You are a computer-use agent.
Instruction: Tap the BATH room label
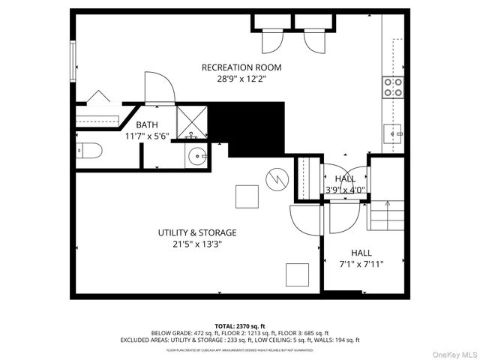click(x=146, y=124)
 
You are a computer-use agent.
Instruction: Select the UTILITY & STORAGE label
click(x=197, y=232)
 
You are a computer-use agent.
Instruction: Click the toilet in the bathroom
click(x=88, y=151)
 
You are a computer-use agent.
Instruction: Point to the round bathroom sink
click(x=197, y=156)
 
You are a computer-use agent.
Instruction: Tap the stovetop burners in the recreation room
click(x=393, y=87)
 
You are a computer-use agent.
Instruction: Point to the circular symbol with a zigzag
click(x=274, y=179)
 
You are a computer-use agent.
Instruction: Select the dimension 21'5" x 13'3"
click(x=197, y=244)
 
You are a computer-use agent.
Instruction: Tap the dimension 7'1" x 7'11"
click(x=362, y=264)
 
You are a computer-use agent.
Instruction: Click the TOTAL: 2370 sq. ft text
click(x=239, y=325)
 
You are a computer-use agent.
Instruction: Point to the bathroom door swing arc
click(x=159, y=86)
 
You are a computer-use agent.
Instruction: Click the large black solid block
click(x=251, y=127)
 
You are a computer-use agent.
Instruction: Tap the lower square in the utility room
click(x=298, y=274)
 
